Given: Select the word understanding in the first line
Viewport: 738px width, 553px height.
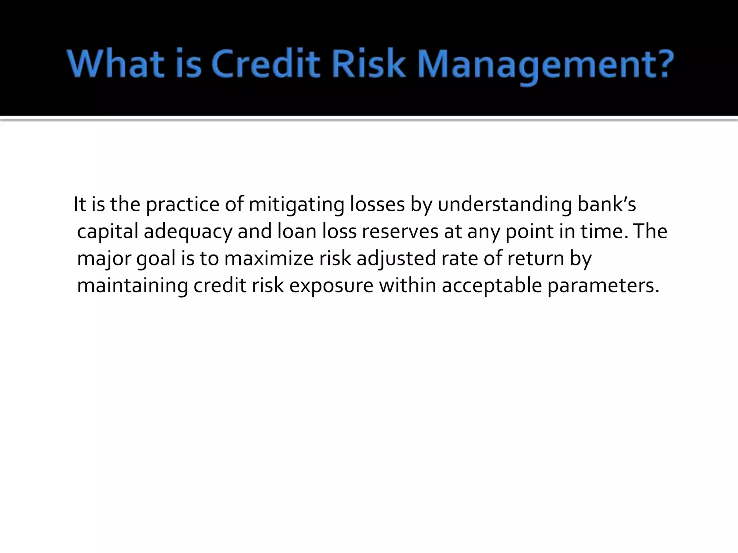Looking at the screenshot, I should click(x=505, y=205).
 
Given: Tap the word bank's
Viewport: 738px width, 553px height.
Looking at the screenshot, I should click(x=607, y=204).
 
